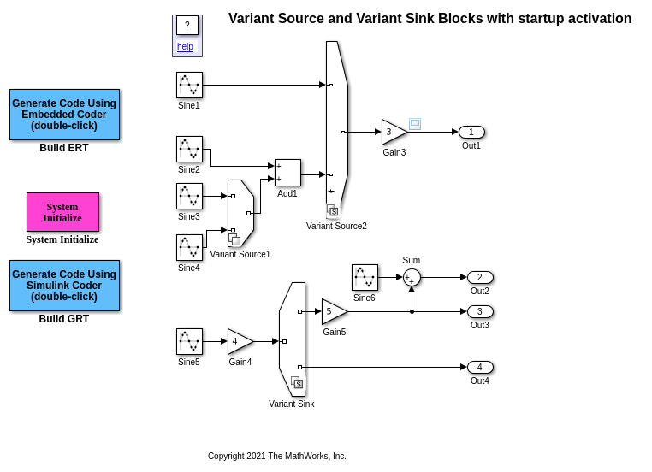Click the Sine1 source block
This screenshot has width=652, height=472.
tap(189, 85)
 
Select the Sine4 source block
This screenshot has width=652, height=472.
tap(189, 247)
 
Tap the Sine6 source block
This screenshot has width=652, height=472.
tap(365, 277)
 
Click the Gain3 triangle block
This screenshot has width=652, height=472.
tap(393, 132)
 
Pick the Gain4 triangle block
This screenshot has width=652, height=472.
tap(239, 341)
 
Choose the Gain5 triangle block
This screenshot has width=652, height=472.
tap(333, 311)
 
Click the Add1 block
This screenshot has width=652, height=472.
tap(287, 173)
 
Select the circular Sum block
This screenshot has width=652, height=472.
tap(412, 277)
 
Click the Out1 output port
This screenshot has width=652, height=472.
tap(471, 132)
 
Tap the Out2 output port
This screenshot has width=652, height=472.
tap(480, 277)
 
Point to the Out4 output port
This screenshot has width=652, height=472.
tap(480, 367)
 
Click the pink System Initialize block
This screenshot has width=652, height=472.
tap(62, 212)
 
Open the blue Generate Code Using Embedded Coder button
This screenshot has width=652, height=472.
tap(64, 115)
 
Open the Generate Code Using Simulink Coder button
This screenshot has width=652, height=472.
tap(64, 286)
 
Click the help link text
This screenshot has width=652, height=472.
tap(185, 46)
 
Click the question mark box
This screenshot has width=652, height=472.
tap(187, 26)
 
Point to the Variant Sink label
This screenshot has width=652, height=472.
tap(291, 404)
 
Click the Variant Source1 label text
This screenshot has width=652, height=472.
tap(240, 254)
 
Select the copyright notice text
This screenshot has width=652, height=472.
tap(276, 456)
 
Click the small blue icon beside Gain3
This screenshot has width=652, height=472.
tap(415, 123)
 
